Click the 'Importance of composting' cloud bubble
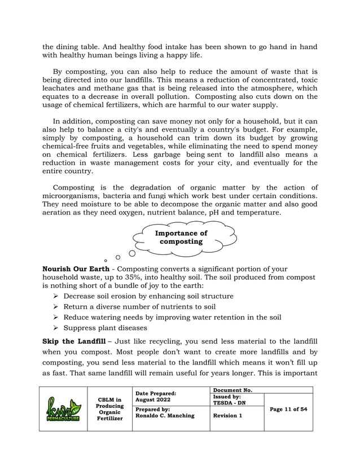click(x=181, y=238)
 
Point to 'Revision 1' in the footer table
click(x=228, y=416)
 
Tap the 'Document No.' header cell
click(x=232, y=390)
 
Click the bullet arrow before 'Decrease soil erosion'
click(x=56, y=296)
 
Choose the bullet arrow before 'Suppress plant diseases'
click(x=56, y=328)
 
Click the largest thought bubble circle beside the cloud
click(x=132, y=253)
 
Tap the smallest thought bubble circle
click(x=106, y=261)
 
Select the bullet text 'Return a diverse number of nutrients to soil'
click(x=139, y=307)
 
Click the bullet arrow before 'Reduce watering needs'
click(x=56, y=318)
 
